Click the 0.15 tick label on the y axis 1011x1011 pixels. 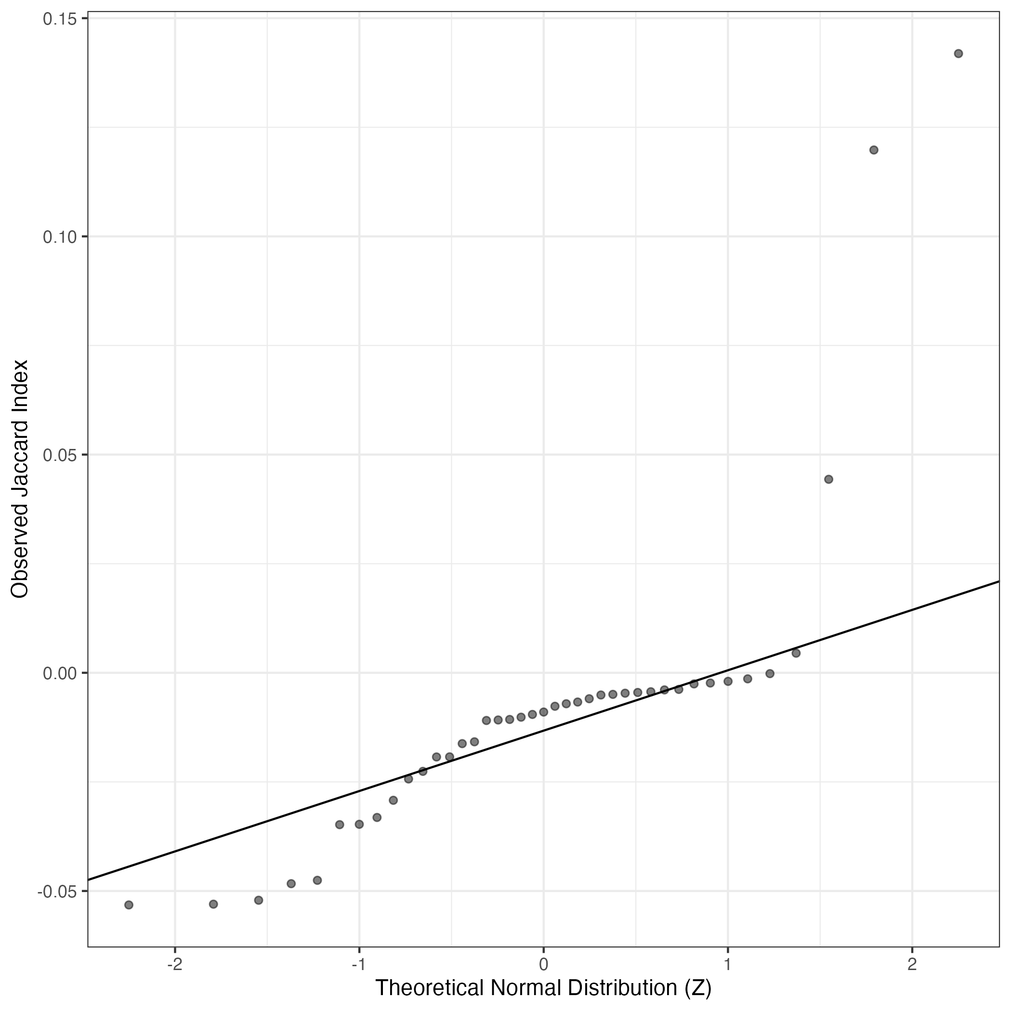point(59,19)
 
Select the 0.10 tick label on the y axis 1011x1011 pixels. point(59,237)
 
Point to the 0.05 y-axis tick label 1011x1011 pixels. point(59,455)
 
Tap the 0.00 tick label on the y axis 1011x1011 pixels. point(59,673)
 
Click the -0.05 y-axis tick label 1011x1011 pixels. point(56,891)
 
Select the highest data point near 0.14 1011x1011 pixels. point(958,53)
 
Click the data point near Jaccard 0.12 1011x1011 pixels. point(873,150)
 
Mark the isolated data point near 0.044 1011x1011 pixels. point(828,479)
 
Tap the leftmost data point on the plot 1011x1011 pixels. point(129,905)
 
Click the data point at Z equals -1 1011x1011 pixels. point(359,824)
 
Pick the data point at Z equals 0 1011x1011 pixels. point(543,712)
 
